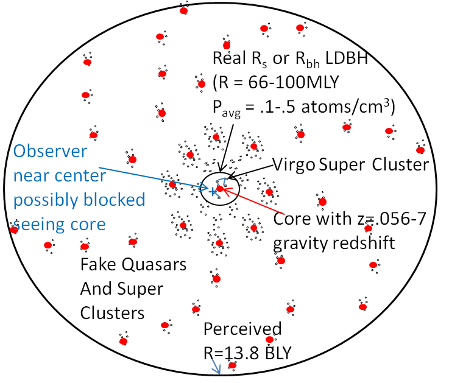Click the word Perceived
(x=242, y=329)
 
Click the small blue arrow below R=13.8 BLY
(x=214, y=367)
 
